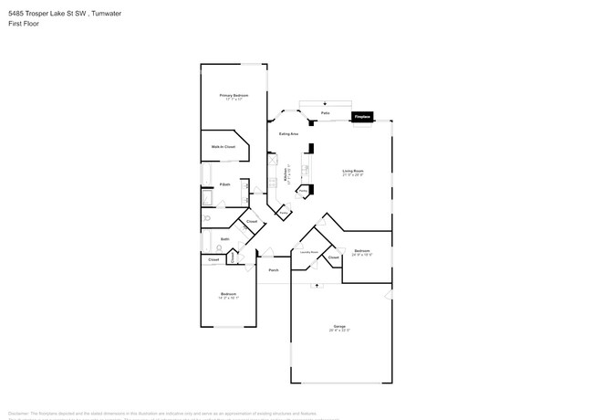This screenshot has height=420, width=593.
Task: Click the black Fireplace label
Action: [x=362, y=117]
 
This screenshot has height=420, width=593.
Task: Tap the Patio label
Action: [x=325, y=113]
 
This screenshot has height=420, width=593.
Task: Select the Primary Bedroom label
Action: [x=234, y=95]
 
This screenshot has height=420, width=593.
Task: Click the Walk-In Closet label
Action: [x=224, y=146]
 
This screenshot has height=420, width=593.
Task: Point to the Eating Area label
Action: [x=289, y=133]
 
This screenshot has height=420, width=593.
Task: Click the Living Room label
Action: [x=353, y=171]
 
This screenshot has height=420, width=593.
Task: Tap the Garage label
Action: [x=340, y=328]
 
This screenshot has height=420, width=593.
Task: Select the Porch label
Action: [x=273, y=269]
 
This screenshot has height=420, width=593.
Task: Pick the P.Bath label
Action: [x=224, y=186]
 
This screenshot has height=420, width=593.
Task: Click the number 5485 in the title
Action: [x=16, y=13]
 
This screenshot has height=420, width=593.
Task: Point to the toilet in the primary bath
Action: [x=208, y=219]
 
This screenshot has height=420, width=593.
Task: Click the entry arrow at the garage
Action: [x=317, y=286]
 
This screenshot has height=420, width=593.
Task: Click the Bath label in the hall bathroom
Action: [x=224, y=239]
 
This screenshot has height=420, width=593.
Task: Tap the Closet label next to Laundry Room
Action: [x=334, y=257]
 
